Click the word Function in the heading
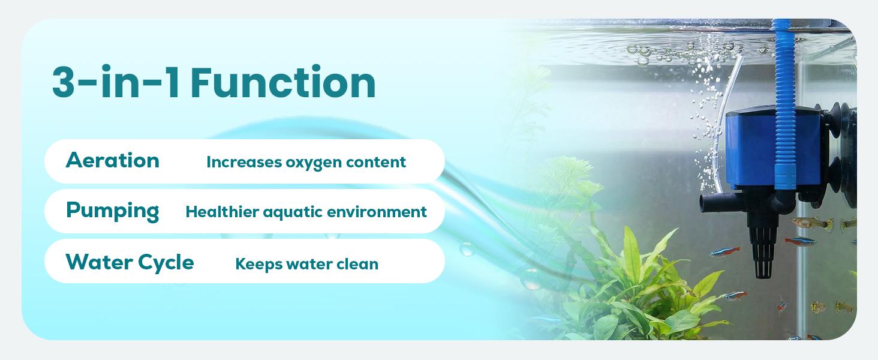coord(283,82)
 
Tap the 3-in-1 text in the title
coord(116,82)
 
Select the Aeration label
coord(113,160)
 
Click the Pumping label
coord(113,211)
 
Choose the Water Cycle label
coord(130,262)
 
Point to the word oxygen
coord(308,163)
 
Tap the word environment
coord(377,212)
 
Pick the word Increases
coord(244,162)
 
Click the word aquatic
coord(293,212)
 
